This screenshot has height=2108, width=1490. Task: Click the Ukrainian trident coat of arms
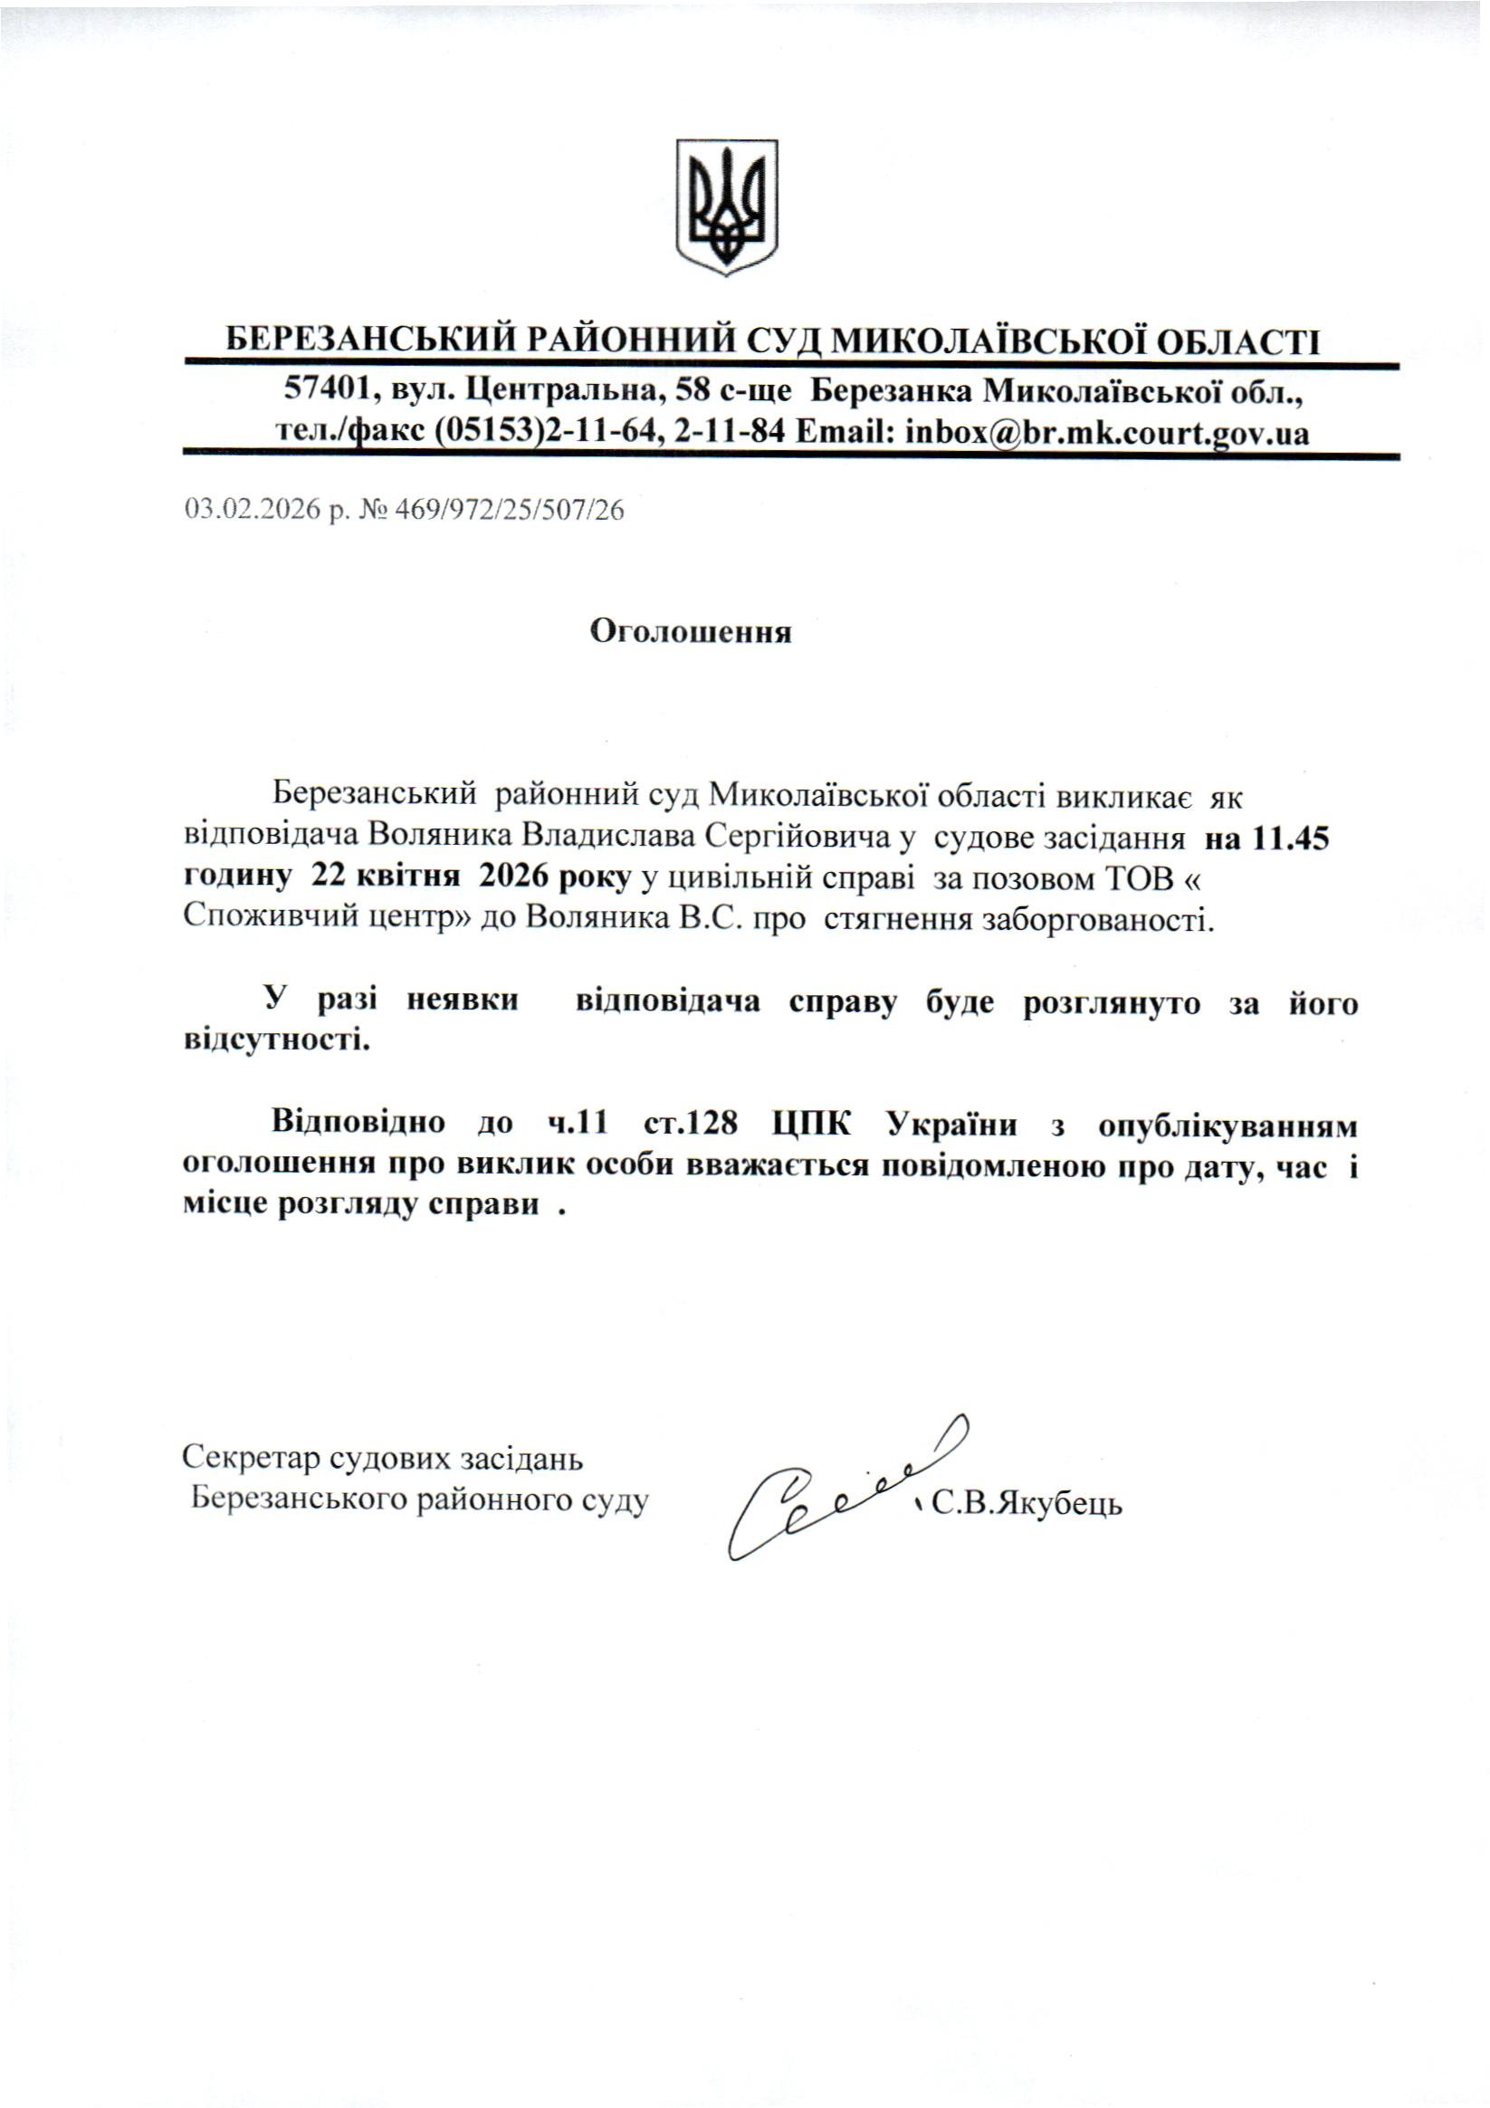(x=727, y=206)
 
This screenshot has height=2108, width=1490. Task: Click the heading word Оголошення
(x=690, y=633)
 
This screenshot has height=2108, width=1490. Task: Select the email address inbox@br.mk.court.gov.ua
(x=1107, y=433)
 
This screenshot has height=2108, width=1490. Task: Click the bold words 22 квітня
(x=386, y=877)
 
